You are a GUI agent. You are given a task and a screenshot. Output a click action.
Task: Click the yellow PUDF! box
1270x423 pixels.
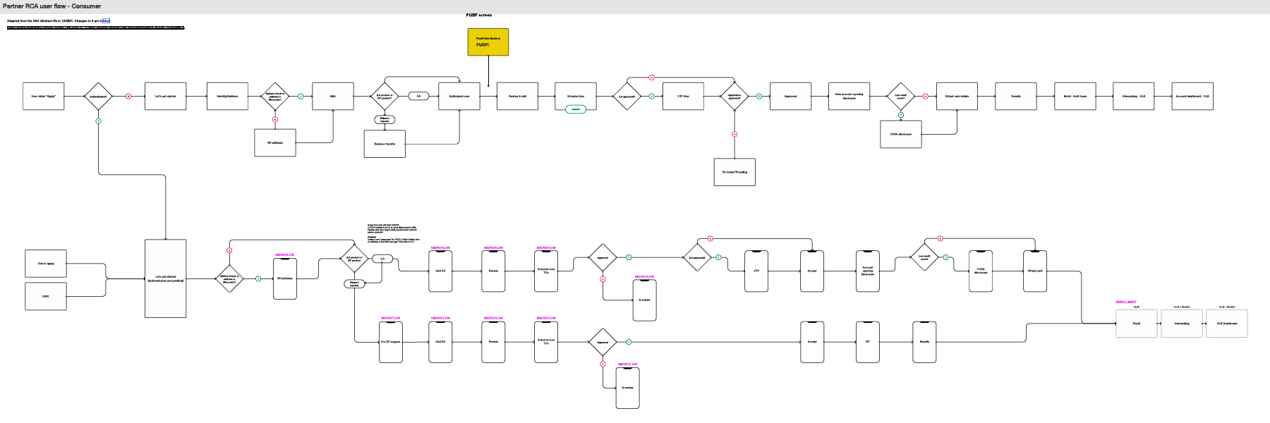[488, 42]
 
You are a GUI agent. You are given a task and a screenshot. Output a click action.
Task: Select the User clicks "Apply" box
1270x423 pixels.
[44, 96]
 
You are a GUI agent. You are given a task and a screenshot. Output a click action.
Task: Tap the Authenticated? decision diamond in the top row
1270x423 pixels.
[98, 96]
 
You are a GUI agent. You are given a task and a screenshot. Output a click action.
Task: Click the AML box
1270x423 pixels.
[333, 96]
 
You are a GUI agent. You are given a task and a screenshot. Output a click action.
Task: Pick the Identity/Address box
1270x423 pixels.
[227, 96]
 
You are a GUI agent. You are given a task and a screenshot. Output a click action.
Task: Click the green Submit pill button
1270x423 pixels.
[576, 109]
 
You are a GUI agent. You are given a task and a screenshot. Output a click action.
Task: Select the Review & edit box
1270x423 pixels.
[517, 96]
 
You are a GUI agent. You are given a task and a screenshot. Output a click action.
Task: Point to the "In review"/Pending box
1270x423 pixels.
[734, 172]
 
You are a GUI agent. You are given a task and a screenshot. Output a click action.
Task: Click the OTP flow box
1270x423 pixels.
[683, 96]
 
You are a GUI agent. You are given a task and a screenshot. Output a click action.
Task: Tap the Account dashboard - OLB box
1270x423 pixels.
[1192, 96]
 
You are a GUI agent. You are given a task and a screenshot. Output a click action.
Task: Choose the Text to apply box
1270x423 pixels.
[46, 264]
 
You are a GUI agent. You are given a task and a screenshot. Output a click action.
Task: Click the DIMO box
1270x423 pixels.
[46, 296]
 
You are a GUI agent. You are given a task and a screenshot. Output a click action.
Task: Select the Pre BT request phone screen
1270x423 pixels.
[391, 342]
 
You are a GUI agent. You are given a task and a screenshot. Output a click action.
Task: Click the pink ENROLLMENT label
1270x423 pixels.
[1126, 302]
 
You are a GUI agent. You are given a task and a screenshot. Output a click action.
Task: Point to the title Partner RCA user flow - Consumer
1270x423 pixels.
[52, 6]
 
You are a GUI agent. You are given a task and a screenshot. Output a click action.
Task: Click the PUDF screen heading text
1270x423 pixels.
[479, 15]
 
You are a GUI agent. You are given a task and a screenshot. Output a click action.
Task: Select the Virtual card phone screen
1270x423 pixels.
[1035, 271]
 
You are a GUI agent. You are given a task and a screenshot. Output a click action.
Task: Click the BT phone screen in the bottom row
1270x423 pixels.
[868, 342]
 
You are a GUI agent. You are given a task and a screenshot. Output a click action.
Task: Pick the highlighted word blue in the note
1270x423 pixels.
[106, 21]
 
